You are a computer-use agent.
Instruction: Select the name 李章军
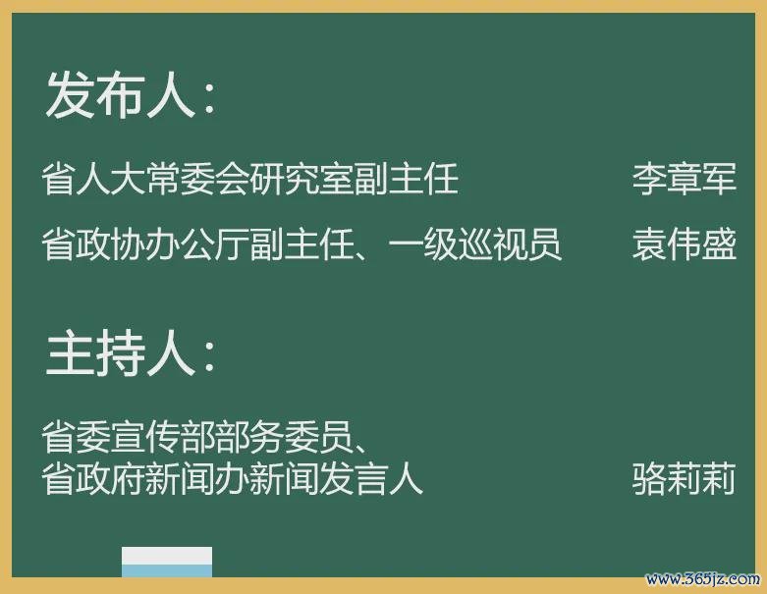click(684, 179)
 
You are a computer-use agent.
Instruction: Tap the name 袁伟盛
click(684, 243)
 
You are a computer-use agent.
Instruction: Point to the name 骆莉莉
click(684, 478)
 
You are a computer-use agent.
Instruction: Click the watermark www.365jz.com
click(702, 579)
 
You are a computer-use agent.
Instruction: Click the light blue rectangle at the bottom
click(167, 571)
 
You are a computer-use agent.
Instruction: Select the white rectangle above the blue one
click(167, 556)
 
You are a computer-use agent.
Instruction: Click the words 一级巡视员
click(474, 243)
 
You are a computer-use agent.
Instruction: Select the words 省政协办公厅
click(145, 243)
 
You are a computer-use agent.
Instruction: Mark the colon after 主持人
click(210, 356)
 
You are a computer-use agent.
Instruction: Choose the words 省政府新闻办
click(145, 478)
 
